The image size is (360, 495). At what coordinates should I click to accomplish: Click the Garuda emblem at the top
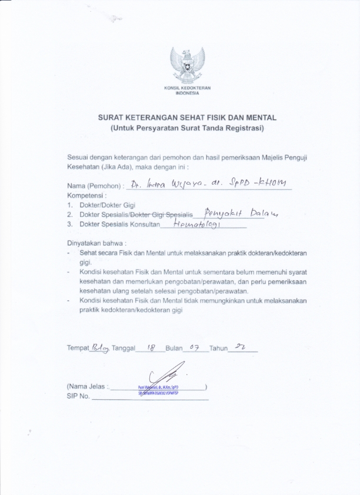coord(187,65)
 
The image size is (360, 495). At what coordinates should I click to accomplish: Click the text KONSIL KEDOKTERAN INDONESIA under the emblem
coord(187,90)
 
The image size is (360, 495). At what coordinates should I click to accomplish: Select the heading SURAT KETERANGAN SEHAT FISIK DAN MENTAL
coord(187,118)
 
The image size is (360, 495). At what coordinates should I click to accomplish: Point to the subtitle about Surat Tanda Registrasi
coord(187,128)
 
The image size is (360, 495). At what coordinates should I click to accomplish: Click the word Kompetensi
coord(86,195)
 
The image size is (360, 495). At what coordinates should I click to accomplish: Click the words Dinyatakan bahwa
coord(96,243)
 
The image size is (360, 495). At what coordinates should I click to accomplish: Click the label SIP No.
coord(79,397)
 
